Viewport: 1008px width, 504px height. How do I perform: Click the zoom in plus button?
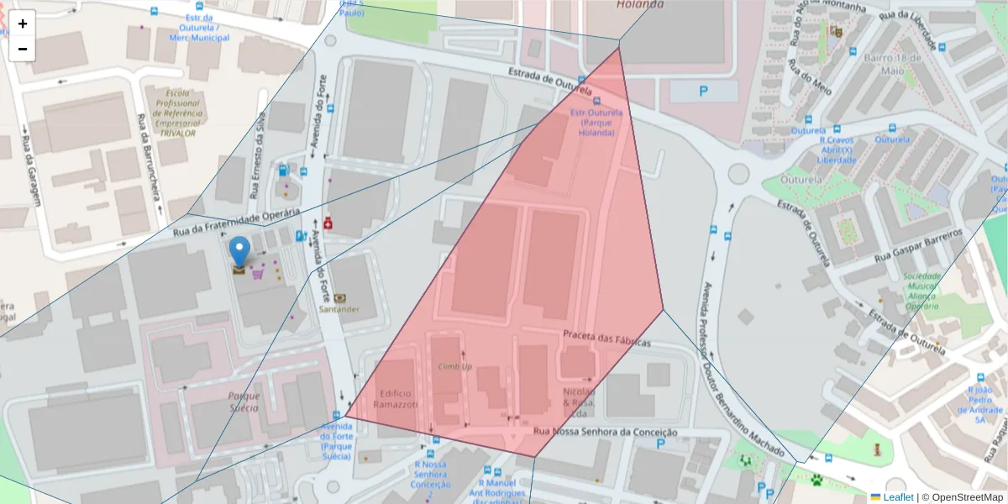23,24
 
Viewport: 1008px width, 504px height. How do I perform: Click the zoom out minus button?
23,49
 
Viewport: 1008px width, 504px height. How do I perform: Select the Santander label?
339,309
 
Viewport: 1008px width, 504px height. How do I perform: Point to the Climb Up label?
455,366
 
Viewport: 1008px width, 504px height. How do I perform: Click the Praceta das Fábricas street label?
607,339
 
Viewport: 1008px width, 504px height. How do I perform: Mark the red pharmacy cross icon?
328,223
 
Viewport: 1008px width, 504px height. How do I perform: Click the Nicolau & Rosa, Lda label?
578,402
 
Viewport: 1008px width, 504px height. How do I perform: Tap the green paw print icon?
816,479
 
